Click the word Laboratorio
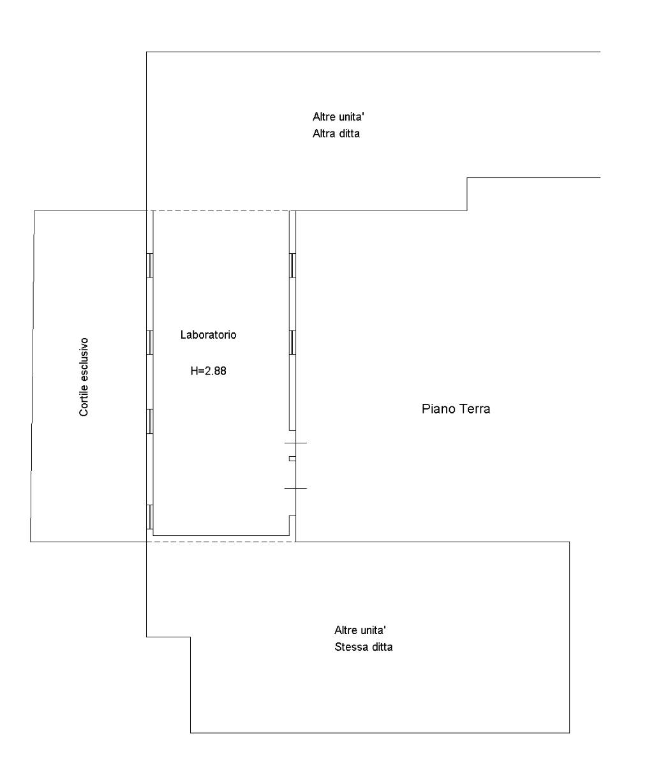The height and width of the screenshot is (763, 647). pos(209,335)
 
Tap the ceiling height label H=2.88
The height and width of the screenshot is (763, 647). pos(209,371)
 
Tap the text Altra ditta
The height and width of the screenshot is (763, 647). pos(336,133)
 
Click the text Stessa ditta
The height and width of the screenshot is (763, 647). pos(364,647)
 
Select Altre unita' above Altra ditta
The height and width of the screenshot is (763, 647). pos(339,117)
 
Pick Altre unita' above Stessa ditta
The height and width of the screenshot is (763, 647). pos(361,630)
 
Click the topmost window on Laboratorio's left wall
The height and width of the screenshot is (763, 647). pos(150,265)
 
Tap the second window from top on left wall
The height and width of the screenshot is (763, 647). pos(150,343)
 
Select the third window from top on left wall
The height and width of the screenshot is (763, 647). pos(150,422)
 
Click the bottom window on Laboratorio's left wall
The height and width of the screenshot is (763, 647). pos(150,517)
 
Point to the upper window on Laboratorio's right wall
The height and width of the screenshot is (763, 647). pos(293,265)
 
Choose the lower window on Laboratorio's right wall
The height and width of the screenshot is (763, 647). pos(293,343)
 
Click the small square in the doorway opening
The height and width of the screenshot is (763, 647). pos(292,459)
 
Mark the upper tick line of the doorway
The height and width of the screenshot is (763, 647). pos(295,443)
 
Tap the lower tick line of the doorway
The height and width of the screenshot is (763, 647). pos(295,488)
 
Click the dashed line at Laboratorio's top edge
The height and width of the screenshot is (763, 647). pos(221,211)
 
